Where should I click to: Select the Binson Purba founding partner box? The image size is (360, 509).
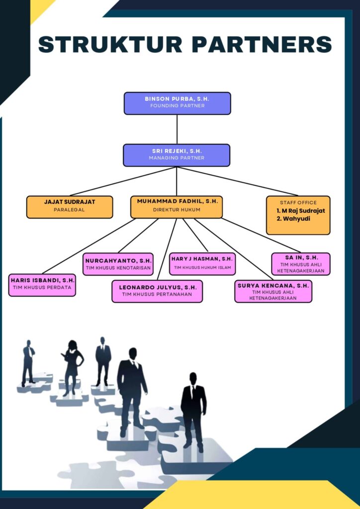pyautogui.click(x=177, y=103)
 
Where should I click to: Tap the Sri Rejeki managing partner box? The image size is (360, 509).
pyautogui.click(x=177, y=155)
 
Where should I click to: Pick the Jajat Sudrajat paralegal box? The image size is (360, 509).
pyautogui.click(x=70, y=207)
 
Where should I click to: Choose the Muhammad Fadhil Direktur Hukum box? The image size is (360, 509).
pyautogui.click(x=177, y=207)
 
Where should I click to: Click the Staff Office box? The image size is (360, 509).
pyautogui.click(x=298, y=215)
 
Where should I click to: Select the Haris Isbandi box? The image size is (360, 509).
pyautogui.click(x=42, y=284)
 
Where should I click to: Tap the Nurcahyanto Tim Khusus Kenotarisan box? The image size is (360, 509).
pyautogui.click(x=118, y=264)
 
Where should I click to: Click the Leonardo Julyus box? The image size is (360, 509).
pyautogui.click(x=157, y=291)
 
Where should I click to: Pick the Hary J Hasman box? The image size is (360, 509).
pyautogui.click(x=202, y=263)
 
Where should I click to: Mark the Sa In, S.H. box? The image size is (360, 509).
pyautogui.click(x=301, y=263)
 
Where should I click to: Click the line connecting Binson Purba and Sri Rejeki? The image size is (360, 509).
pyautogui.click(x=177, y=129)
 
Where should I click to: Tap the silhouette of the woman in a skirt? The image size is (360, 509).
pyautogui.click(x=72, y=366)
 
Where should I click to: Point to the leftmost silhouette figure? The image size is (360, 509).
pyautogui.click(x=28, y=363)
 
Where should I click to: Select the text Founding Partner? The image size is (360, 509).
pyautogui.click(x=177, y=106)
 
